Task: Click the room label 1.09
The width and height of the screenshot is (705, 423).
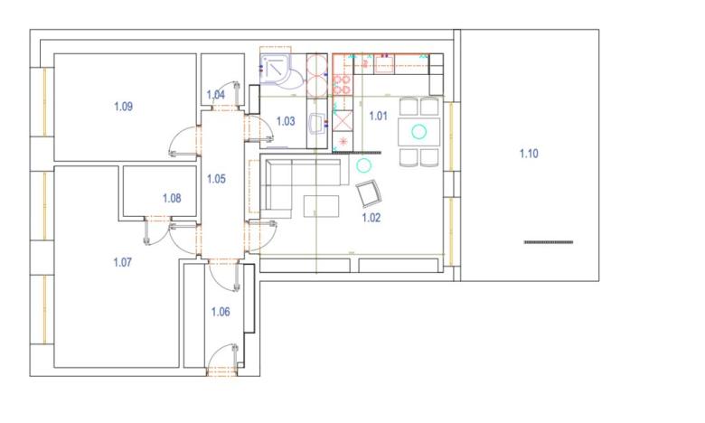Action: [x=123, y=107]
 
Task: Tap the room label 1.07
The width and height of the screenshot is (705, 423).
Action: [x=123, y=263]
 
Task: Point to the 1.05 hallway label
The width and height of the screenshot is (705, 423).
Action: [x=216, y=179]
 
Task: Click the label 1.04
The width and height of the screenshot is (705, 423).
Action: [x=216, y=95]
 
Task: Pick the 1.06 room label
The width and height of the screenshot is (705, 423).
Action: [x=221, y=312]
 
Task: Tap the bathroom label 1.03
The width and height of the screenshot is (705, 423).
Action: [x=286, y=121]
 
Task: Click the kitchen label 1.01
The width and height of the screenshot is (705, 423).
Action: [x=379, y=116]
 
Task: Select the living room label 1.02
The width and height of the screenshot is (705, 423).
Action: [x=371, y=218]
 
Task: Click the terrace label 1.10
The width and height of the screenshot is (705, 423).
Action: [x=529, y=154]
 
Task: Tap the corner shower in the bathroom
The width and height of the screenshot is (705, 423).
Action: [x=274, y=69]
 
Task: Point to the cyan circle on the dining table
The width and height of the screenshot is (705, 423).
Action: [x=418, y=131]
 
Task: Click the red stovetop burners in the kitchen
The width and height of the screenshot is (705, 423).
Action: [x=342, y=84]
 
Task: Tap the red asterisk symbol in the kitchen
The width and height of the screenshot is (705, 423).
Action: [x=343, y=143]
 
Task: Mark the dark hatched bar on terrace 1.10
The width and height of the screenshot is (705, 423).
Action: [x=548, y=242]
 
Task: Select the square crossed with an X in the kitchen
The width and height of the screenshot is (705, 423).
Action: [x=343, y=118]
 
